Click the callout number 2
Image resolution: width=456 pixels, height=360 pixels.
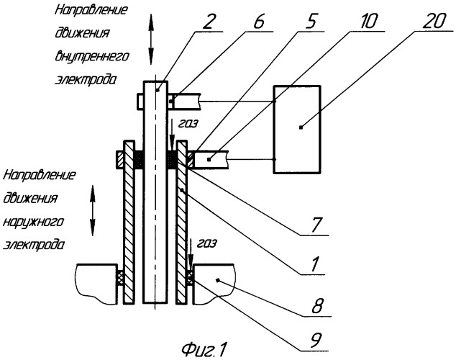(x=209, y=21)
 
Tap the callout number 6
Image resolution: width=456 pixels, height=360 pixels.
(x=258, y=21)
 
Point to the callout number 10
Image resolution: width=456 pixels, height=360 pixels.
(x=368, y=21)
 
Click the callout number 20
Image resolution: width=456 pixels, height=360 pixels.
(x=433, y=21)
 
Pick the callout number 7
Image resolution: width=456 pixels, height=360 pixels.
(x=316, y=225)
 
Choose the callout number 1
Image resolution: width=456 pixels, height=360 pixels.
(x=315, y=264)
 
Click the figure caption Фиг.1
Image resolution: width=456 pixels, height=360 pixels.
(x=204, y=349)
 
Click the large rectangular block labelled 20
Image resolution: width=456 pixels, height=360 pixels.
(x=297, y=130)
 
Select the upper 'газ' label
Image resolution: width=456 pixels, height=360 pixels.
(x=188, y=123)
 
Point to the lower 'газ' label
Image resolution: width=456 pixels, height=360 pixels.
(x=206, y=243)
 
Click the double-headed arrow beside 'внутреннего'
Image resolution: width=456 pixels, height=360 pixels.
(x=151, y=40)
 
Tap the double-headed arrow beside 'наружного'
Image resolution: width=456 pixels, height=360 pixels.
(x=93, y=210)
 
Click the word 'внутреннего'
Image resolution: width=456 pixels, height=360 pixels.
(x=91, y=56)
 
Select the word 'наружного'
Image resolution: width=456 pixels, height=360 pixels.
(x=33, y=222)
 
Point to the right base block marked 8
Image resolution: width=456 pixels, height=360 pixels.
(x=214, y=284)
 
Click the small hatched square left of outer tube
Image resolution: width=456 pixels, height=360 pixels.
(x=120, y=159)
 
